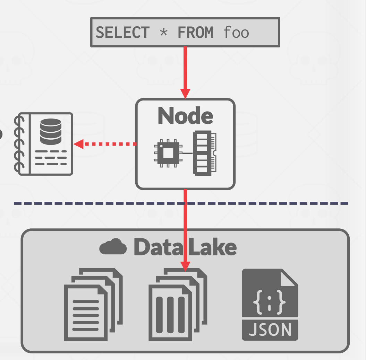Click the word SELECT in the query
tap(122, 33)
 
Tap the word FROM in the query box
tap(195, 33)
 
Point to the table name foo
tap(236, 33)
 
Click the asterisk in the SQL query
tap(163, 33)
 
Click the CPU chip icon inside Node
tap(167, 153)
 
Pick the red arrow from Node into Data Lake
tap(186, 229)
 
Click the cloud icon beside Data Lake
tap(113, 247)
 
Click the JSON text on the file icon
tap(270, 330)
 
